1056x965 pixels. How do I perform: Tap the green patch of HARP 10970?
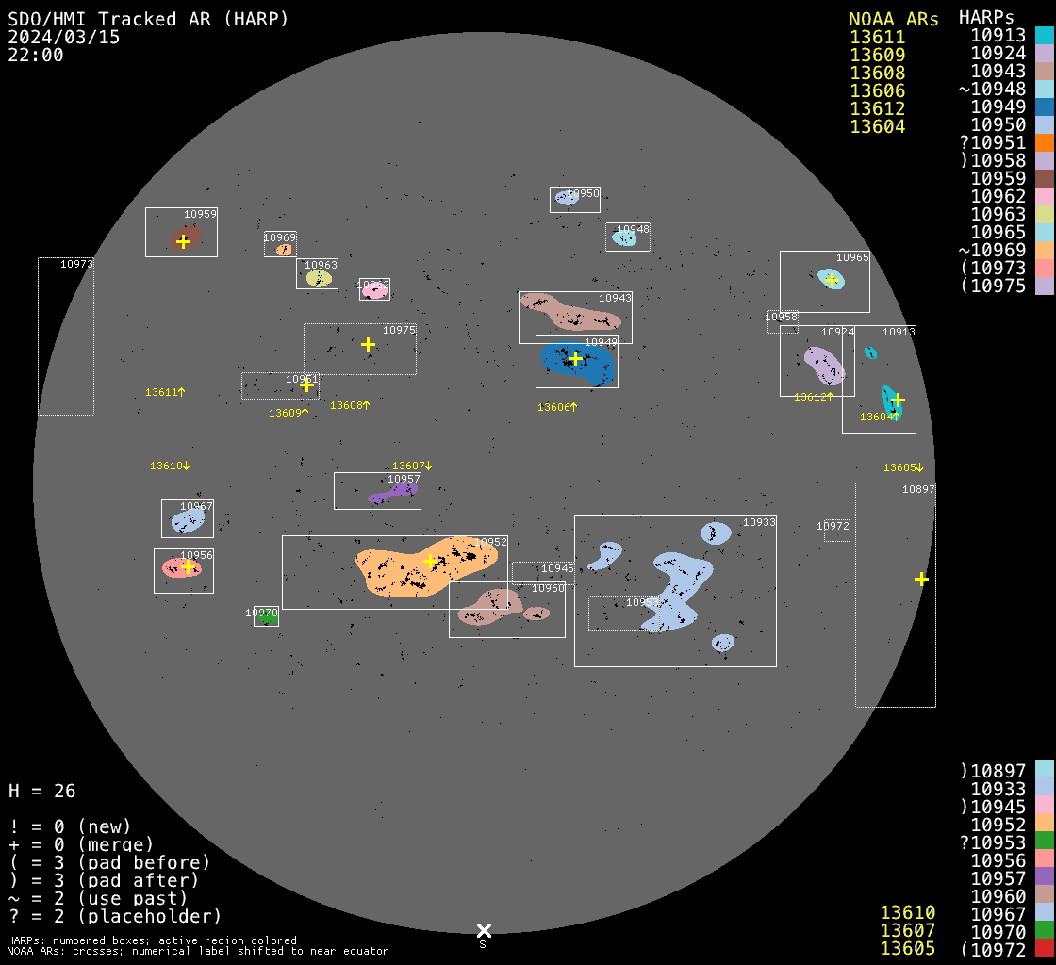point(267,618)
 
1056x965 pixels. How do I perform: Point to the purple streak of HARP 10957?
point(391,493)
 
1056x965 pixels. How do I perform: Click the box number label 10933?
point(759,522)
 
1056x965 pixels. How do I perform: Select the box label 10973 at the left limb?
point(76,264)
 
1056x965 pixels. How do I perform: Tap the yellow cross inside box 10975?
point(368,344)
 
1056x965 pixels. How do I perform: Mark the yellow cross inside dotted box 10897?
point(921,579)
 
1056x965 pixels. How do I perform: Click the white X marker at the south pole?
point(484,930)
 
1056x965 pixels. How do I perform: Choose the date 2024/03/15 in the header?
point(64,38)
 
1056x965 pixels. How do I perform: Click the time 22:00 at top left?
point(36,56)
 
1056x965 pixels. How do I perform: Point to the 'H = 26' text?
point(42,791)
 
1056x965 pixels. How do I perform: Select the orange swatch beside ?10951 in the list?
point(1044,143)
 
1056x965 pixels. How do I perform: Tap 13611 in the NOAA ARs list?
point(877,38)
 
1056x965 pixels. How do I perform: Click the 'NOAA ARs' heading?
point(893,19)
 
